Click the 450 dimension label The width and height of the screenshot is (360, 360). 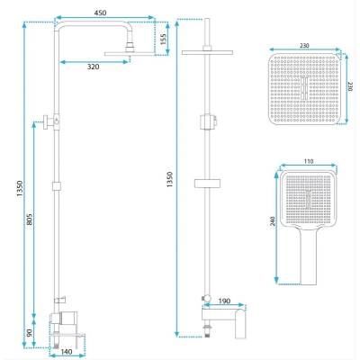[x=100, y=13]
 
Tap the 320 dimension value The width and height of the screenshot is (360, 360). [x=93, y=67]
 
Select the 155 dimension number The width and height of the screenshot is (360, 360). [x=163, y=39]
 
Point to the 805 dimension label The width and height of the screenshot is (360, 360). [x=29, y=220]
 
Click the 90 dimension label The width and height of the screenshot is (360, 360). [x=29, y=333]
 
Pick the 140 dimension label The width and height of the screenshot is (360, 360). [x=67, y=352]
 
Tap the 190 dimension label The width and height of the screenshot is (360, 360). [x=224, y=301]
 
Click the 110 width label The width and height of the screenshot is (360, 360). [x=309, y=161]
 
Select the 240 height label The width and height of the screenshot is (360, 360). [x=273, y=221]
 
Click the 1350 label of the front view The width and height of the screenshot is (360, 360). [x=170, y=180]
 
